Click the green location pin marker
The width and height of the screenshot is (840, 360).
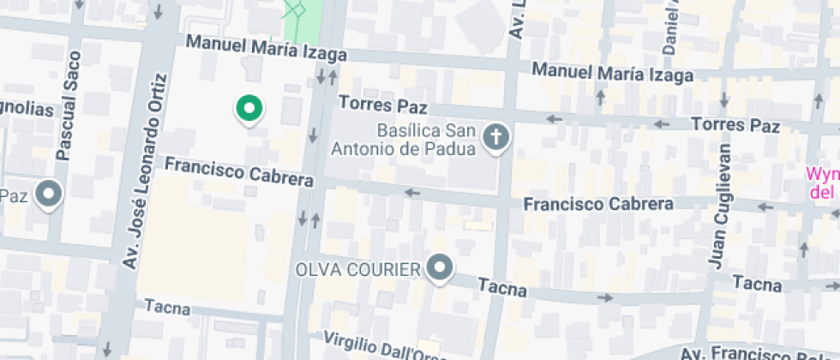[249, 108]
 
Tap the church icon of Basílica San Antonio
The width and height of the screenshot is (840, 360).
[495, 137]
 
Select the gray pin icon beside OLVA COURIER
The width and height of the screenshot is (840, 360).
[441, 269]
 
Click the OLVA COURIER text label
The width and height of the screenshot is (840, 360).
[358, 270]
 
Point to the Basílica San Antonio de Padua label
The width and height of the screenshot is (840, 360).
[426, 141]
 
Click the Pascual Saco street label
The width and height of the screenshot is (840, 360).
[67, 106]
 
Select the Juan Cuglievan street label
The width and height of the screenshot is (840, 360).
[722, 206]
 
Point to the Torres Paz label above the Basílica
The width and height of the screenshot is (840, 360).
[382, 105]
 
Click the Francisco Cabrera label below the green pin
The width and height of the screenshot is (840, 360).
[239, 171]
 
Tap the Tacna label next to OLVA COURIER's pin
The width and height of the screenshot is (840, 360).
[501, 288]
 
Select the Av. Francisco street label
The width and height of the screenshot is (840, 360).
[754, 353]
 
